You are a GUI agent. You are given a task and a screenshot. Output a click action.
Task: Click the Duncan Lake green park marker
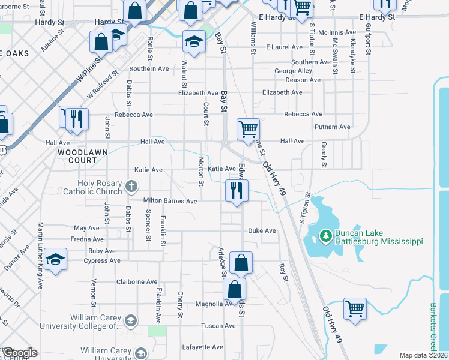pyautogui.click(x=327, y=236)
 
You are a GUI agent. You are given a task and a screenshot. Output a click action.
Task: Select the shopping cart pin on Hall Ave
pyautogui.click(x=248, y=129)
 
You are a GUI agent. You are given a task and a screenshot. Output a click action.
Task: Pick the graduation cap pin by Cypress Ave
pyautogui.click(x=55, y=260)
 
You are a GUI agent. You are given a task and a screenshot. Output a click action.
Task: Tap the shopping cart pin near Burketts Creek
pyautogui.click(x=355, y=310)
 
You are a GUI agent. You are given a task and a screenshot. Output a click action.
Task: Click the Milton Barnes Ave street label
pyautogui.click(x=170, y=202)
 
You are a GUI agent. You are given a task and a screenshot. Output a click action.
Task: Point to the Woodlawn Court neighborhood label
pyautogui.click(x=77, y=157)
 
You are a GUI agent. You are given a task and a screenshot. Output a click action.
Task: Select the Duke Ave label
pyautogui.click(x=262, y=230)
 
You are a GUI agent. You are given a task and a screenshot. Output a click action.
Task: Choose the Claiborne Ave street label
pyautogui.click(x=137, y=282)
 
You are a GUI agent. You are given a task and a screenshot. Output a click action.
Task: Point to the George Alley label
pyautogui.click(x=294, y=71)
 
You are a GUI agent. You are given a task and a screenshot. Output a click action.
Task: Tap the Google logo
pyautogui.click(x=20, y=353)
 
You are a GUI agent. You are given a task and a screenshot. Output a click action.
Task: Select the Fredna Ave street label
pyautogui.click(x=84, y=239)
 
